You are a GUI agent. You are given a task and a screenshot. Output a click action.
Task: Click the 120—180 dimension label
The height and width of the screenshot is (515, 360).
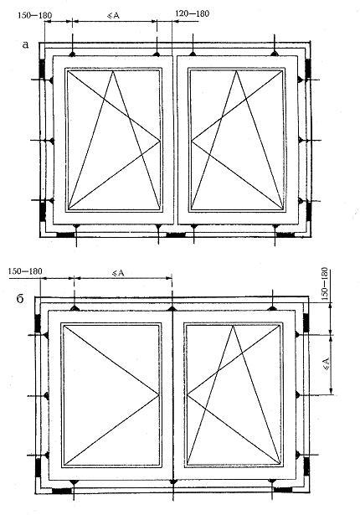(x=193, y=13)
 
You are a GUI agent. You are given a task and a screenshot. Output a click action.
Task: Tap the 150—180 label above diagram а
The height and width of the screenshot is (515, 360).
(x=34, y=15)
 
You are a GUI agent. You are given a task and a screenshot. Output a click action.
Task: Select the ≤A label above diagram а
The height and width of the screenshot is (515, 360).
(x=114, y=15)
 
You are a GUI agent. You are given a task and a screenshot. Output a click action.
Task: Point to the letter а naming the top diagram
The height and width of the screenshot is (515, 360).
(x=25, y=44)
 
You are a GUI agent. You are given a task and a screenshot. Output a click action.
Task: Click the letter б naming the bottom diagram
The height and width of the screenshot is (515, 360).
(x=20, y=299)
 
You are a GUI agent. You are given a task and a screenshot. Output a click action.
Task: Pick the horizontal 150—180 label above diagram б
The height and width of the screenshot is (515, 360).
(x=25, y=271)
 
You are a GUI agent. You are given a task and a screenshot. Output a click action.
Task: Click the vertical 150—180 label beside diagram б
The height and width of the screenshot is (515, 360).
(x=325, y=285)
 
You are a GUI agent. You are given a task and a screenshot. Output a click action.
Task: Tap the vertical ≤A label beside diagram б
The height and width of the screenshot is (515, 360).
(x=327, y=364)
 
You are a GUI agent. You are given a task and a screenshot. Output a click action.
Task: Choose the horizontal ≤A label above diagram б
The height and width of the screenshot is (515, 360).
(x=118, y=273)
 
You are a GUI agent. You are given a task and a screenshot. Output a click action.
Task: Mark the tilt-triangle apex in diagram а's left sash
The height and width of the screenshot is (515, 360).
(x=113, y=71)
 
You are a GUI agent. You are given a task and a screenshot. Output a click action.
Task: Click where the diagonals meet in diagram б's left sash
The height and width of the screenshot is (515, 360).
(x=159, y=394)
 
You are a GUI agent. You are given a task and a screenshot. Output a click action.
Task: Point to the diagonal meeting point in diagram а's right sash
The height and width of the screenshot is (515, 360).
(x=192, y=142)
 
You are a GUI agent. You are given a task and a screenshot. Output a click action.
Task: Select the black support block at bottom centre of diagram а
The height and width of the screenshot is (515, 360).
(x=176, y=234)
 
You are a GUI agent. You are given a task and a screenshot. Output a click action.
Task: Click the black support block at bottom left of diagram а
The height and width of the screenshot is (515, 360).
(x=65, y=234)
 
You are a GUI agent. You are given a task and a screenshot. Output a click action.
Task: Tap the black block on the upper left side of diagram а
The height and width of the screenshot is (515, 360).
(x=42, y=69)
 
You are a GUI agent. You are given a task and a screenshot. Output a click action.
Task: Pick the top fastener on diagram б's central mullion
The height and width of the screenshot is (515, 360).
(x=172, y=308)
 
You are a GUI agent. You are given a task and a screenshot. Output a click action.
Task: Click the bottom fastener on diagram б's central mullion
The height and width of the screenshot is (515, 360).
(x=172, y=482)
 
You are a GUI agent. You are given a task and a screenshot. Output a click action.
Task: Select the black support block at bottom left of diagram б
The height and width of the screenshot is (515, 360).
(x=62, y=491)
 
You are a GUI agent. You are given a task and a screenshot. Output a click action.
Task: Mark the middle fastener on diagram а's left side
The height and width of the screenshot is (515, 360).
(x=52, y=141)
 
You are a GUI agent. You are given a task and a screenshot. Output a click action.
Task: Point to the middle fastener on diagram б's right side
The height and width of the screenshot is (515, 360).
(x=297, y=394)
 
